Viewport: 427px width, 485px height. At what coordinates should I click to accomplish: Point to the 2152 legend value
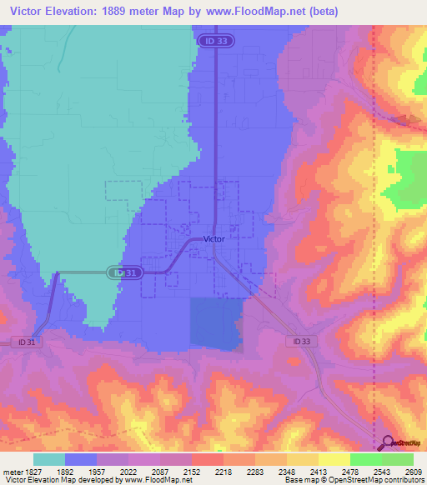[x=191, y=472]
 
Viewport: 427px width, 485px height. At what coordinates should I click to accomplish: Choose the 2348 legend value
[x=286, y=472]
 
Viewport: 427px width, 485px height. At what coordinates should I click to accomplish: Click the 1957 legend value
[x=96, y=472]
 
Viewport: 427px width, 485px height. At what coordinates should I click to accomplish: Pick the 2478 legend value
[x=349, y=472]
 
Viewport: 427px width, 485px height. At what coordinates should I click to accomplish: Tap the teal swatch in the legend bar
[x=48, y=459]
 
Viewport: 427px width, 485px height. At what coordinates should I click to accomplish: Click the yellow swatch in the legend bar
[x=334, y=459]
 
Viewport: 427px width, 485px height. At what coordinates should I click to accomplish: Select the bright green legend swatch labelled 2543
[x=365, y=459]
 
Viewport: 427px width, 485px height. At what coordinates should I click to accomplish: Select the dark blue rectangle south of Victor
[x=216, y=323]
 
